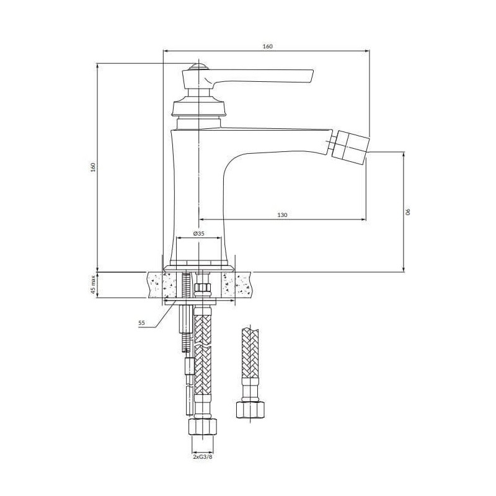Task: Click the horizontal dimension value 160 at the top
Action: [x=267, y=46]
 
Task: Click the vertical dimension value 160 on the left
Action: [x=92, y=167]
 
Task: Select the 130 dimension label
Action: [x=282, y=215]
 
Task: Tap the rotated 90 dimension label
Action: [x=408, y=211]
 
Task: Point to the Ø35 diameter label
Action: [x=198, y=234]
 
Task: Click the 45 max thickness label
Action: [x=92, y=285]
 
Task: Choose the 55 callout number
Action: [x=141, y=323]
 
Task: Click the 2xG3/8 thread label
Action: [x=203, y=456]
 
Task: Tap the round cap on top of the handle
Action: [x=198, y=67]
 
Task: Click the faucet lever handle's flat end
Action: [x=304, y=76]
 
